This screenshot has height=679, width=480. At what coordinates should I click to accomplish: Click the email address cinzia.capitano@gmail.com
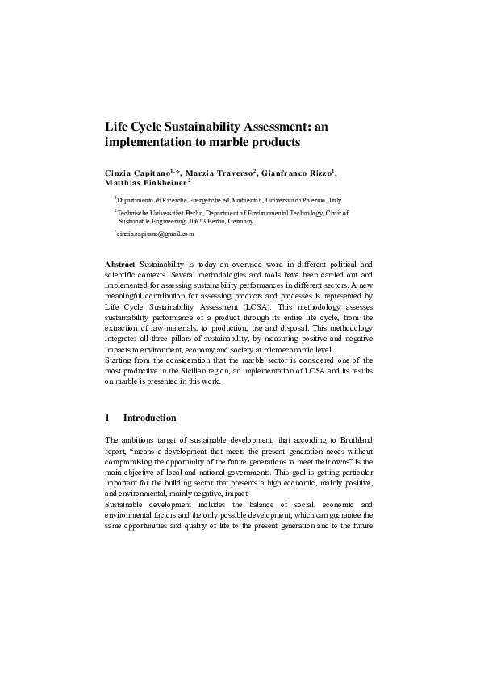[x=157, y=234]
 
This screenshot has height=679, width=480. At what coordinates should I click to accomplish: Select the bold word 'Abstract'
[x=120, y=265]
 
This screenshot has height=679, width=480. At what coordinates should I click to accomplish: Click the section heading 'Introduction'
[x=149, y=419]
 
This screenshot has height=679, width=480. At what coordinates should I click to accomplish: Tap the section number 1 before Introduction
[x=108, y=419]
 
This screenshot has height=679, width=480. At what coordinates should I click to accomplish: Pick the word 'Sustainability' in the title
[x=193, y=127]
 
